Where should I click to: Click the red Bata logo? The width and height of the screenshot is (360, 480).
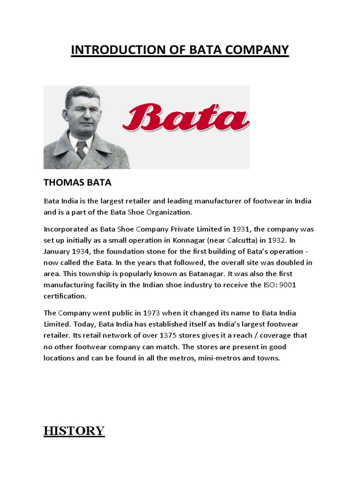(186, 115)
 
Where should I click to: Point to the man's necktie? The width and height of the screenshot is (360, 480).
(82, 150)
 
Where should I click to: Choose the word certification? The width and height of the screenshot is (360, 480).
(65, 296)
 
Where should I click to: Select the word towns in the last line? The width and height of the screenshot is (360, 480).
(268, 358)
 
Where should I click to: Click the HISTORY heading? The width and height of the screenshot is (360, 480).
(74, 431)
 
